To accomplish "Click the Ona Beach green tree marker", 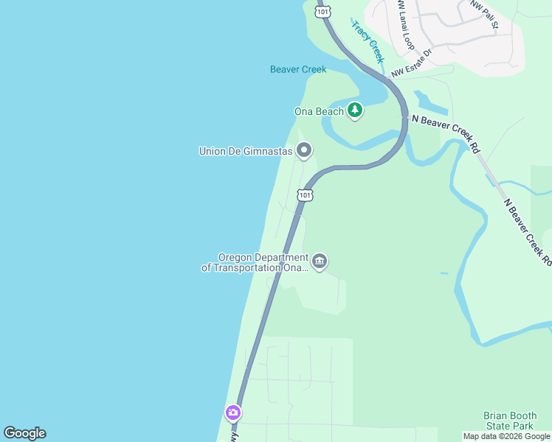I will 356,110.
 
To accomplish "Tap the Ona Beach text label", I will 319,112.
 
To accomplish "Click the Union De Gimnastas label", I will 246,152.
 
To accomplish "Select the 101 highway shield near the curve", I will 305,195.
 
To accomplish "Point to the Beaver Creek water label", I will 298,70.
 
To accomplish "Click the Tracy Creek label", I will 368,41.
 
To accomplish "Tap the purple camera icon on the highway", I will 233,413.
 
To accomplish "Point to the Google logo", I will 24,433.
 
